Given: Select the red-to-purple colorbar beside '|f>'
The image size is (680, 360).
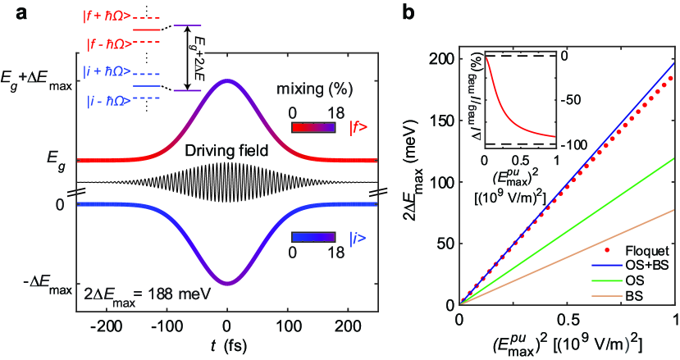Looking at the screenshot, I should tap(313, 129).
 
